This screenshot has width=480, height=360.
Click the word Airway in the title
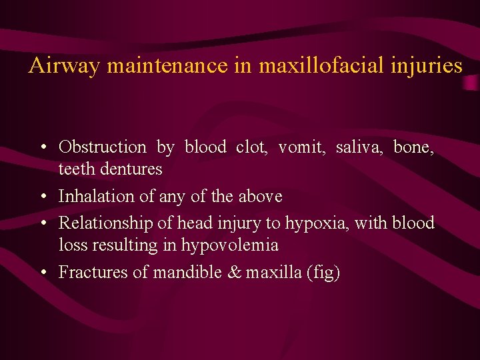tap(64, 65)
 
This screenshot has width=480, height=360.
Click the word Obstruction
tap(102, 147)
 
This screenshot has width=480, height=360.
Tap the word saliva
tap(359, 147)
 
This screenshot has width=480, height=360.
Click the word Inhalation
tap(93, 197)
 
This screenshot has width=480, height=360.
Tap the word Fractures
tap(88, 272)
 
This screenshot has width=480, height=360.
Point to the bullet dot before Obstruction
tap(43, 147)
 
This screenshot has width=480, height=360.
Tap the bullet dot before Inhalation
tap(43, 197)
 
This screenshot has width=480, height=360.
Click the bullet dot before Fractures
tap(43, 272)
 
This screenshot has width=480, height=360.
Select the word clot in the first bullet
tap(251, 147)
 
